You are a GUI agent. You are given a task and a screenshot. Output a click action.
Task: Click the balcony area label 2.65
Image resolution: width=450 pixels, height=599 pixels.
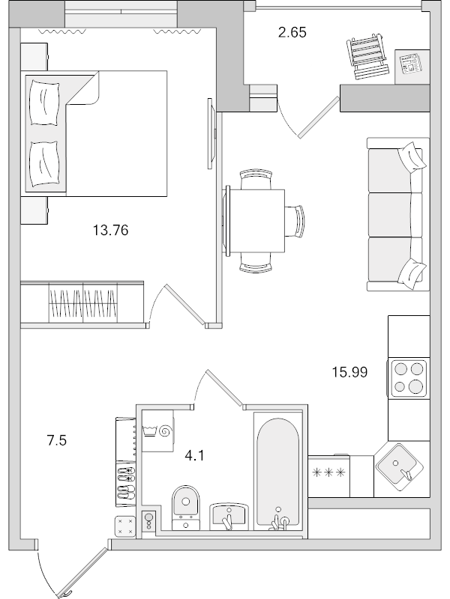coord(292,33)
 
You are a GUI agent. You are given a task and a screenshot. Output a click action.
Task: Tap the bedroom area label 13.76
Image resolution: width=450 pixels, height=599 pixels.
coord(110,231)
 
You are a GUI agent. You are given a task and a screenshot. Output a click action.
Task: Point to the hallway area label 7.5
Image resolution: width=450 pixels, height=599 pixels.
coord(57,441)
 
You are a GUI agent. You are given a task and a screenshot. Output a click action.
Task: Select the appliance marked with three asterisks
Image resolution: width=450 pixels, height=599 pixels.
coord(329,473)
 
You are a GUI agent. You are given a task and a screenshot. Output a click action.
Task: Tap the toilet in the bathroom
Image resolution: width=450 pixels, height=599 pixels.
coord(184,503)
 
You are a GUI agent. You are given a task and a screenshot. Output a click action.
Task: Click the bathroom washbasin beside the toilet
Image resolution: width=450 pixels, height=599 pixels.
coord(229,515)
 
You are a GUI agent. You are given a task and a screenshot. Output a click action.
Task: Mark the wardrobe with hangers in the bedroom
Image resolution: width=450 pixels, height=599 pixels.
coord(82,303)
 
